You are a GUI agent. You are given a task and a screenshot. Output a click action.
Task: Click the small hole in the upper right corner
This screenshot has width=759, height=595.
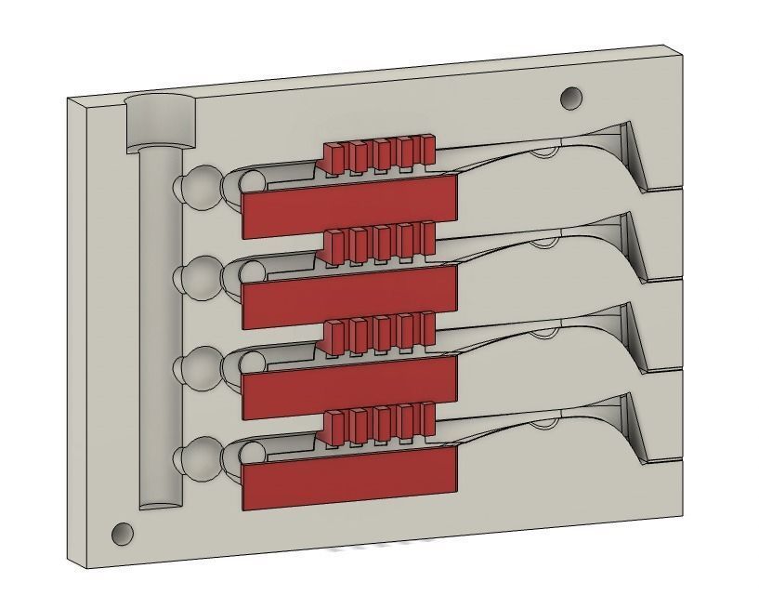point(570,98)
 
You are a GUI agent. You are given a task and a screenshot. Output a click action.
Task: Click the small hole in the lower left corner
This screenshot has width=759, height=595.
point(122,534)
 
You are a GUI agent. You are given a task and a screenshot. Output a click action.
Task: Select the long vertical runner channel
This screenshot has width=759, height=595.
point(159,325)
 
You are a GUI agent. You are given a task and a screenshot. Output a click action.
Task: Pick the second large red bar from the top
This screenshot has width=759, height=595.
point(349,297)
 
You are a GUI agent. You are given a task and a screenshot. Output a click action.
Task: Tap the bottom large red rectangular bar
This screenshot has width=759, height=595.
point(349,477)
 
